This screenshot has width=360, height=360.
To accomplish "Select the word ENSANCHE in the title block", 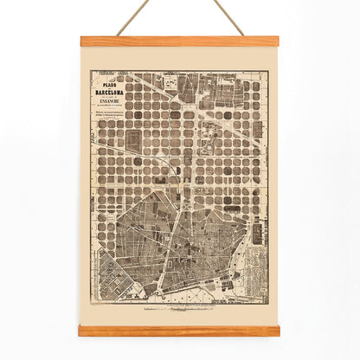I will click(112, 98).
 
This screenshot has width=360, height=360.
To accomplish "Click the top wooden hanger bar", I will click(179, 41).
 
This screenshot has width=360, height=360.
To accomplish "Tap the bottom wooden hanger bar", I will click(179, 330).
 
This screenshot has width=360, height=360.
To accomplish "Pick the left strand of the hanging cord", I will click(130, 17).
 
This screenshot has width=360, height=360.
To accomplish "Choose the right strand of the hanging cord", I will click(228, 17).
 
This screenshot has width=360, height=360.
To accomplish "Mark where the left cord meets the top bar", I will click(117, 35).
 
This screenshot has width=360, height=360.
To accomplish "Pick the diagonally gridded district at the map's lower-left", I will click(113, 277).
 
